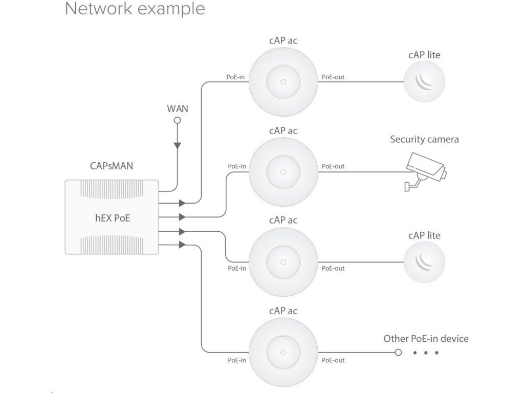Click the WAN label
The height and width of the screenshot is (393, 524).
(178, 108)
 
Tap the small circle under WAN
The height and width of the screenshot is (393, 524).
(178, 120)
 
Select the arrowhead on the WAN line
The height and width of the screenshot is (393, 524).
(178, 146)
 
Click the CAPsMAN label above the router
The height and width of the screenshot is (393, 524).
(111, 166)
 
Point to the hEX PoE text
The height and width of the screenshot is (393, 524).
(113, 218)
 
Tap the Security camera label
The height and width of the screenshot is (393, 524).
(424, 139)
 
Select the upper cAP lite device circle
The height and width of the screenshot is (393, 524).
(424, 81)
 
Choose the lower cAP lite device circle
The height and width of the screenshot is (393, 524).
(424, 262)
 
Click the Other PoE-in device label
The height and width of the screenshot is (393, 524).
(426, 339)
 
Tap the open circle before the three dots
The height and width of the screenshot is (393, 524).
(398, 352)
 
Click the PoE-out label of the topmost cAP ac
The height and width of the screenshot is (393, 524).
(333, 77)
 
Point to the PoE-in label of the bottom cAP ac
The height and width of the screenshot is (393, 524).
(237, 360)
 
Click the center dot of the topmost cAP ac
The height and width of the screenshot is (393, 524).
(283, 82)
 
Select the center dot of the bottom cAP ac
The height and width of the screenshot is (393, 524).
(283, 352)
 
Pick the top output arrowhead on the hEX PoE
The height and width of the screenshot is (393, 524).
(182, 203)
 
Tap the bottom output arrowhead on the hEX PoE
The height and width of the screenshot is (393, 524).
(182, 245)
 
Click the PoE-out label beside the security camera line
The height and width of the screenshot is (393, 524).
(333, 166)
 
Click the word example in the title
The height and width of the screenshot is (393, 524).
(171, 9)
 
